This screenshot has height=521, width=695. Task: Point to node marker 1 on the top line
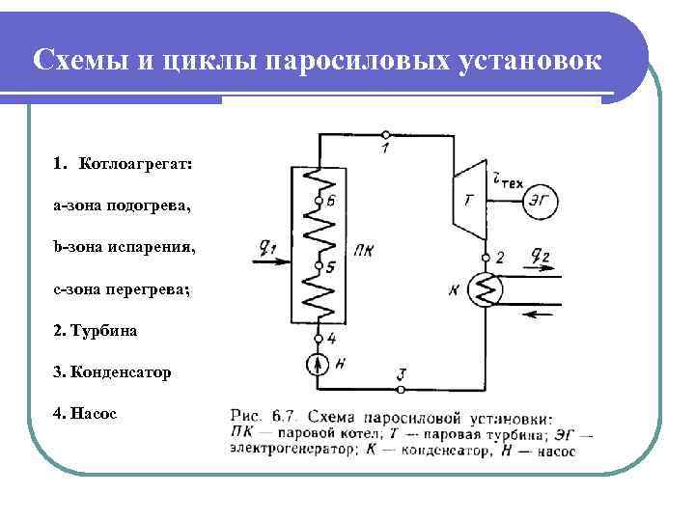385,134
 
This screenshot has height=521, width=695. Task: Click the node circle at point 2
486,257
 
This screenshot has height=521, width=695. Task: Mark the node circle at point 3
401,390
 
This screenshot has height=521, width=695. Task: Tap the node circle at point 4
318,338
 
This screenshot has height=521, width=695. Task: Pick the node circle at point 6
318,202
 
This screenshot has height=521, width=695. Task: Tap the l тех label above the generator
508,177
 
